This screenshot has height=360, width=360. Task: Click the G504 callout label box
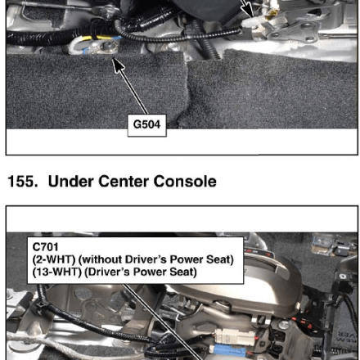coord(147,125)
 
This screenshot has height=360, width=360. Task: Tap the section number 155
coord(23,182)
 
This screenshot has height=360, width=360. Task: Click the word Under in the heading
coord(70,182)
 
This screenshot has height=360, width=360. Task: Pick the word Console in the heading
coord(185,182)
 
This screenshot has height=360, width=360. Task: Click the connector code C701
coord(45,247)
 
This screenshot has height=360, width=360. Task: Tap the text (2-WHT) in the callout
coord(53,259)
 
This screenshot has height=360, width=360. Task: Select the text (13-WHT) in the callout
coord(56,272)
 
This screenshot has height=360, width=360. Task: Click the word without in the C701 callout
coord(101,259)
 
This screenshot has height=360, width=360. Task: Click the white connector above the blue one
coord(235,336)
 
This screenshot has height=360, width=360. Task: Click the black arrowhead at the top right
coord(247,11)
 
